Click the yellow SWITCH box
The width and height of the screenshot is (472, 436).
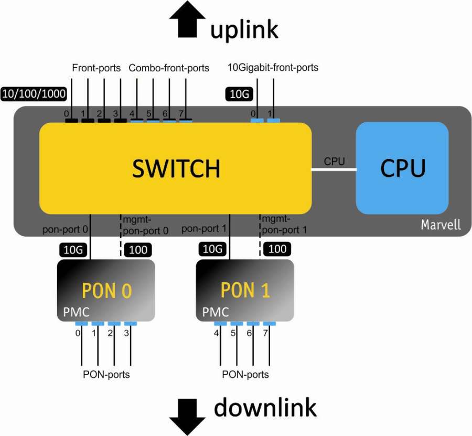175,168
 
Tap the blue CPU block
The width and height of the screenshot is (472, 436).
402,167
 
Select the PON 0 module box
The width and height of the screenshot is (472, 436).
106,290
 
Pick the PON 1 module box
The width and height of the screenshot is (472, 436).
244,290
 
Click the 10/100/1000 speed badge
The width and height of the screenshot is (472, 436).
34,94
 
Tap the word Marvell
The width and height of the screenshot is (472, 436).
441,225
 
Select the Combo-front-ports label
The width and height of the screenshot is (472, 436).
169,68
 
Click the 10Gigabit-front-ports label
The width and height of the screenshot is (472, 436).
273,68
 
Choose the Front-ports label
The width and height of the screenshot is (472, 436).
96,68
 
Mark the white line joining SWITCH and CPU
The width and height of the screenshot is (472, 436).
334,169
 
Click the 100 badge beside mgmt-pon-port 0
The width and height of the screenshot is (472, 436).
138,250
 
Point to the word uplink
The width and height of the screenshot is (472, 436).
244,30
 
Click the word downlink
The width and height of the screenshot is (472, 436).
265,407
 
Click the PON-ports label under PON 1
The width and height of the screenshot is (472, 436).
245,375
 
